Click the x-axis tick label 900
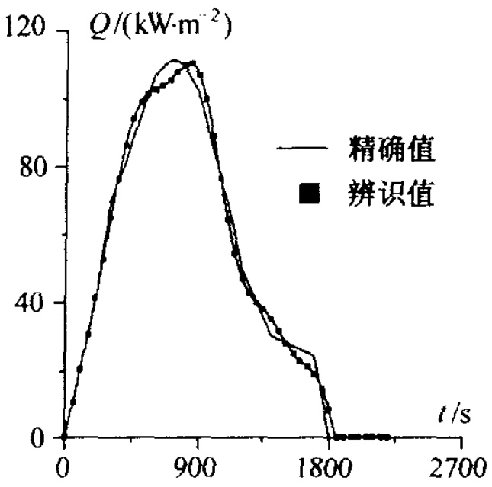click(x=196, y=467)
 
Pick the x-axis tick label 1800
click(x=329, y=467)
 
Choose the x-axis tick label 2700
click(x=461, y=467)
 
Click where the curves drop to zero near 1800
click(x=330, y=437)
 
